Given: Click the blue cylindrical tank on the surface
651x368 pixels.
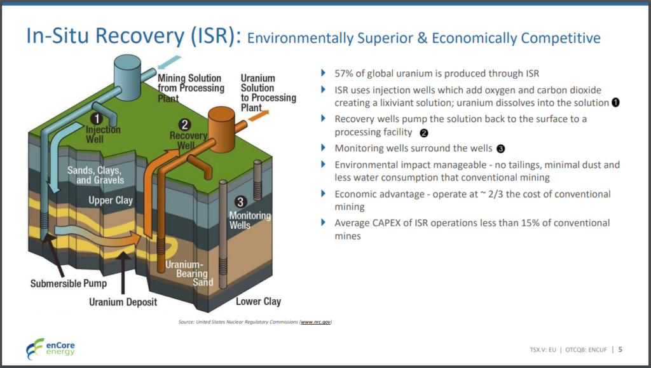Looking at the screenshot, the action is pyautogui.click(x=127, y=78).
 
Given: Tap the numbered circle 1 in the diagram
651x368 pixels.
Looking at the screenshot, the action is pyautogui.click(x=97, y=119).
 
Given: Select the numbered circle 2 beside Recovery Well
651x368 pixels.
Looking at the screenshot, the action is pyautogui.click(x=184, y=125).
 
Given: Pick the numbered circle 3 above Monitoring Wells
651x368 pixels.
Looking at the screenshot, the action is pyautogui.click(x=240, y=202).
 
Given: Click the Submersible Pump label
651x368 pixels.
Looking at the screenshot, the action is pyautogui.click(x=69, y=283).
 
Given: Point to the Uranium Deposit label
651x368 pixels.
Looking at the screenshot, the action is pyautogui.click(x=123, y=302).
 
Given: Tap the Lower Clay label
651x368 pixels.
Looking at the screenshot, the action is pyautogui.click(x=258, y=302).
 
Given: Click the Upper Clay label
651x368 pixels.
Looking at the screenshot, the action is pyautogui.click(x=111, y=200).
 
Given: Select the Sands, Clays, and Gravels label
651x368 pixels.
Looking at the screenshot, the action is pyautogui.click(x=96, y=175).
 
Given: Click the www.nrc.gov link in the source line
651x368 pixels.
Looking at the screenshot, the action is pyautogui.click(x=315, y=322).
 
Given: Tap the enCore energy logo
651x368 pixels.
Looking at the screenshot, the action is pyautogui.click(x=50, y=349).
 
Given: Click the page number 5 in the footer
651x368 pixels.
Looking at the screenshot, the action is pyautogui.click(x=620, y=350).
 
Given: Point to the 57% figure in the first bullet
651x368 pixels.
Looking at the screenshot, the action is pyautogui.click(x=344, y=74).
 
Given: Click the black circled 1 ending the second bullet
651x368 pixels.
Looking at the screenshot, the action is pyautogui.click(x=615, y=102).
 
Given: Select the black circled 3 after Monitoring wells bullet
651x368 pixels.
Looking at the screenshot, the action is pyautogui.click(x=501, y=149).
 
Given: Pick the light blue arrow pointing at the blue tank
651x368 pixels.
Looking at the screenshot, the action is pyautogui.click(x=169, y=62).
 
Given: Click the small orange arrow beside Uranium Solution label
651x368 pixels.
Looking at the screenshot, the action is pyautogui.click(x=258, y=116).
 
